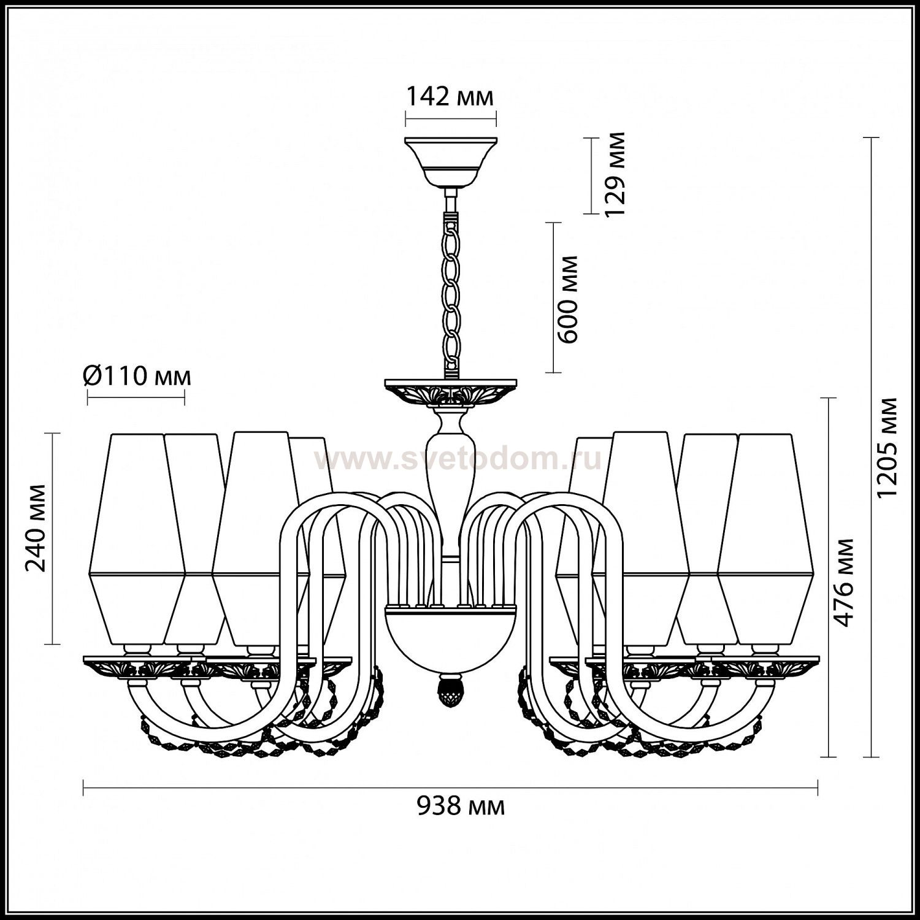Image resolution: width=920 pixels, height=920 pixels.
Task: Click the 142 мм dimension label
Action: (450, 97)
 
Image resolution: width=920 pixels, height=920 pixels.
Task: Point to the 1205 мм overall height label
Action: (887, 448)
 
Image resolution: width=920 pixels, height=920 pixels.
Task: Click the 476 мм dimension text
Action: (845, 582)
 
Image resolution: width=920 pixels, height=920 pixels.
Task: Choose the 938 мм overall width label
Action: (461, 806)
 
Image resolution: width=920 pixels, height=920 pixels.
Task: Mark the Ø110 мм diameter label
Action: (137, 375)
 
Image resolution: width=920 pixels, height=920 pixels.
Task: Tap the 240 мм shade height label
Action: (37, 527)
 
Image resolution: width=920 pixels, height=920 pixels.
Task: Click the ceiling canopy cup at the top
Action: (451, 161)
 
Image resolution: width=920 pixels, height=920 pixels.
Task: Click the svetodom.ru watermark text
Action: (459, 458)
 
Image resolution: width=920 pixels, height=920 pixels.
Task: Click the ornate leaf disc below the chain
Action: (451, 394)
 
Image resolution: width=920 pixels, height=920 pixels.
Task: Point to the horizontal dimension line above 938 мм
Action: (450, 788)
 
